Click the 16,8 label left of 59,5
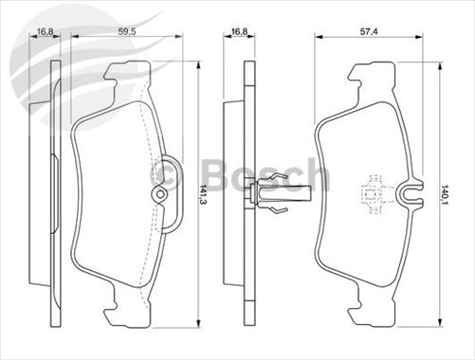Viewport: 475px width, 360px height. point(45,29)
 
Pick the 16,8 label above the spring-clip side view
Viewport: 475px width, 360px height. point(242,29)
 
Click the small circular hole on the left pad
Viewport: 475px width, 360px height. point(159,196)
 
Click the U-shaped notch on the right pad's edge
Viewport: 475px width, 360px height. point(411,195)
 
